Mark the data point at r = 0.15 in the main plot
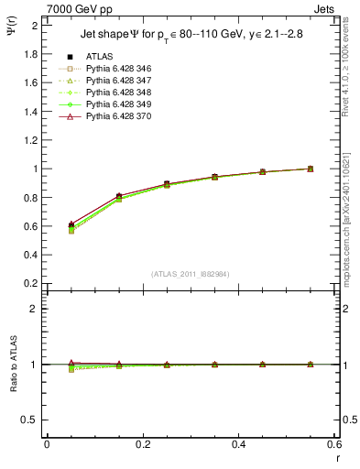point(119,197)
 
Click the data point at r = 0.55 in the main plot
point(311,169)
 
